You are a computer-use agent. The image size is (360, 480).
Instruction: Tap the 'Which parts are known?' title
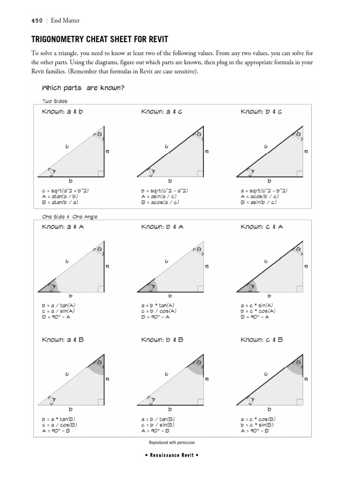83,88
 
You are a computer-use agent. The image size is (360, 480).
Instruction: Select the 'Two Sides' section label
55,101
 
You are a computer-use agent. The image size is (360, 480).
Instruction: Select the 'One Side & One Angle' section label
70,217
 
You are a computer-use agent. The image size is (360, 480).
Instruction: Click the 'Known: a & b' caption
62,112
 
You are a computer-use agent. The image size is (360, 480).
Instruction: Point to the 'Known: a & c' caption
162,112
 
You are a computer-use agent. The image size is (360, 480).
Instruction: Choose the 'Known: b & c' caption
261,112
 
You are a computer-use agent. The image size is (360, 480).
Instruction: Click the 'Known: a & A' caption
63,227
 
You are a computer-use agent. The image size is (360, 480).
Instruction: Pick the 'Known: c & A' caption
262,227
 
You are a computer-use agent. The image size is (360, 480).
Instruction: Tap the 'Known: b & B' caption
162,339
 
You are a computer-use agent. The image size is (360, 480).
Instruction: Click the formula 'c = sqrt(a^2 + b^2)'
65,191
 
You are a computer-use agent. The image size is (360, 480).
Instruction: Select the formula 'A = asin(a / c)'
160,196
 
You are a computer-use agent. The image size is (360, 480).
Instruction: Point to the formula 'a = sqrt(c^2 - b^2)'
264,191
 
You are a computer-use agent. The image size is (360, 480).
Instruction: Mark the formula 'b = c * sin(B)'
257,425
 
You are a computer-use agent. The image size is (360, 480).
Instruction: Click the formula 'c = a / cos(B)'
60,425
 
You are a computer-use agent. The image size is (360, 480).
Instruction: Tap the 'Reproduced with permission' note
172,442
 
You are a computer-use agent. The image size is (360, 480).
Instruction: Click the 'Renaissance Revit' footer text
172,455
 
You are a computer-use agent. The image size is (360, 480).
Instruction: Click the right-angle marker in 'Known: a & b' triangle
101,174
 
